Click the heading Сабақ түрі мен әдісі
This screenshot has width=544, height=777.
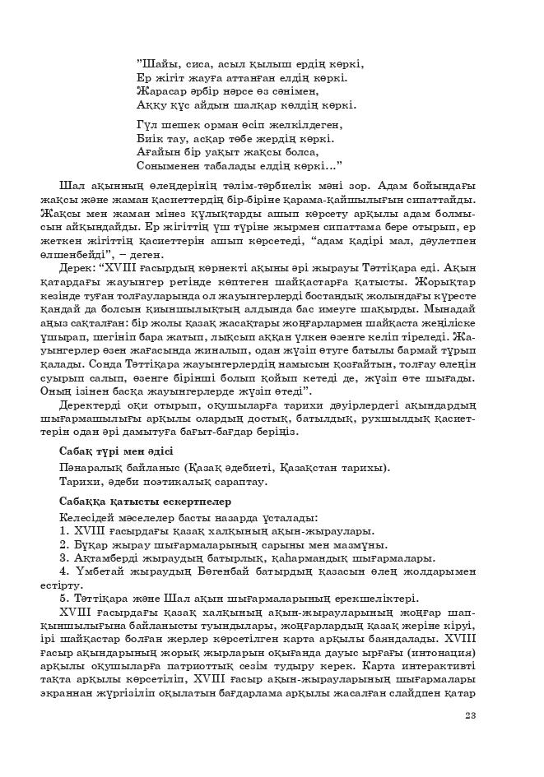(116, 451)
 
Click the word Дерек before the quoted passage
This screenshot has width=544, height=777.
(77, 268)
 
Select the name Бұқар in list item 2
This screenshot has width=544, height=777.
(91, 544)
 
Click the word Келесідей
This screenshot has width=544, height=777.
(91, 517)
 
